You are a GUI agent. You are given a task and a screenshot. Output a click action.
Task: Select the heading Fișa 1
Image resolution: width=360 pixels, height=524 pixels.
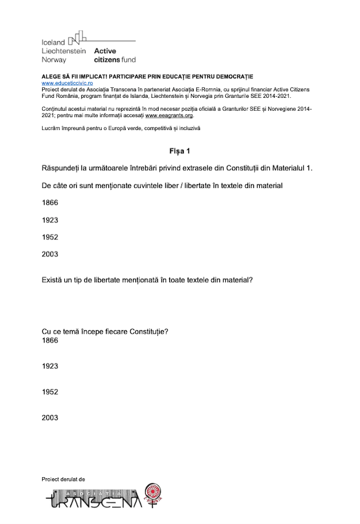(x=180, y=151)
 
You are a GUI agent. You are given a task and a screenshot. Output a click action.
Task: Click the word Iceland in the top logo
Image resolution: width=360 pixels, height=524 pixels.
(x=53, y=43)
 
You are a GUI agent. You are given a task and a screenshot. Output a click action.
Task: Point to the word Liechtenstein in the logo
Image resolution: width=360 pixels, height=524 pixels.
(x=64, y=51)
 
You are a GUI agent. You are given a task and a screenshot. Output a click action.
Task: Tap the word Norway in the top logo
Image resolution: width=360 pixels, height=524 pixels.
(x=54, y=60)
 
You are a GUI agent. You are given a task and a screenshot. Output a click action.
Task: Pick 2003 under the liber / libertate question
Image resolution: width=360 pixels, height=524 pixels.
(x=50, y=254)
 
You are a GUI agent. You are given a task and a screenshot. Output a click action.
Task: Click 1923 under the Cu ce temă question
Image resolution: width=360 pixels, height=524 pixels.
(x=50, y=366)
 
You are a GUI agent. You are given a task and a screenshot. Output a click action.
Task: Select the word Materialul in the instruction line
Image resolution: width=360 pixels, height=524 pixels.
(x=284, y=169)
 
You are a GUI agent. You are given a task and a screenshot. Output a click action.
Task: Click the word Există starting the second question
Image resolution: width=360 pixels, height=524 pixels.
(x=55, y=280)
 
